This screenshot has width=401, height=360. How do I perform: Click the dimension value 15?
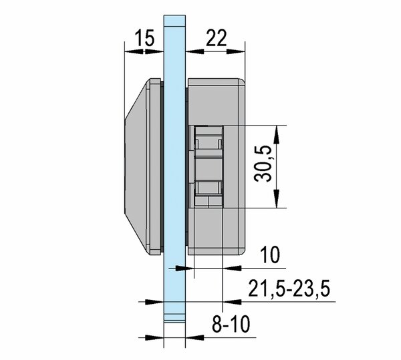click(x=145, y=37)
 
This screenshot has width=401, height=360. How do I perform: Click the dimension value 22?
click(x=217, y=37)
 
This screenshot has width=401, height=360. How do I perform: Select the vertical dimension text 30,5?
click(x=263, y=164)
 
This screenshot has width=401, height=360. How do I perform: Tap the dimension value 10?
click(x=270, y=255)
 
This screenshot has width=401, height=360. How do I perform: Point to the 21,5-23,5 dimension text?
click(x=289, y=289)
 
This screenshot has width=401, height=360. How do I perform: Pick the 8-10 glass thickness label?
click(x=231, y=324)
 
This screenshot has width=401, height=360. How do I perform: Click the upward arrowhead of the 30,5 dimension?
click(x=276, y=135)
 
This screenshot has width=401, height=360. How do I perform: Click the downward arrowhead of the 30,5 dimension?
click(x=276, y=198)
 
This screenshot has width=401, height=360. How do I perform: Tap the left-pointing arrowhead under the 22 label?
click(x=195, y=51)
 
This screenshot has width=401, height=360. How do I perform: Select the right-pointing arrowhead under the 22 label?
click(x=236, y=51)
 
